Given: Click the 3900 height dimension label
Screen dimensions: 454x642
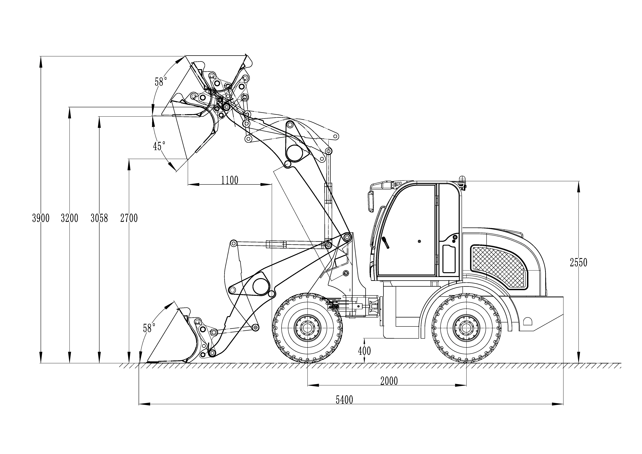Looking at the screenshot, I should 41,218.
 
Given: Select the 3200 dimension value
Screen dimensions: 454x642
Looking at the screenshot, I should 70,218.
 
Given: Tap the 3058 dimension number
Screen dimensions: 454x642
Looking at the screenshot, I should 99,218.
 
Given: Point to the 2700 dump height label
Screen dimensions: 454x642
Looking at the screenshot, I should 129,218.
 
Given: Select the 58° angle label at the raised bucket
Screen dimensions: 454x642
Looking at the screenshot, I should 161,82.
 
